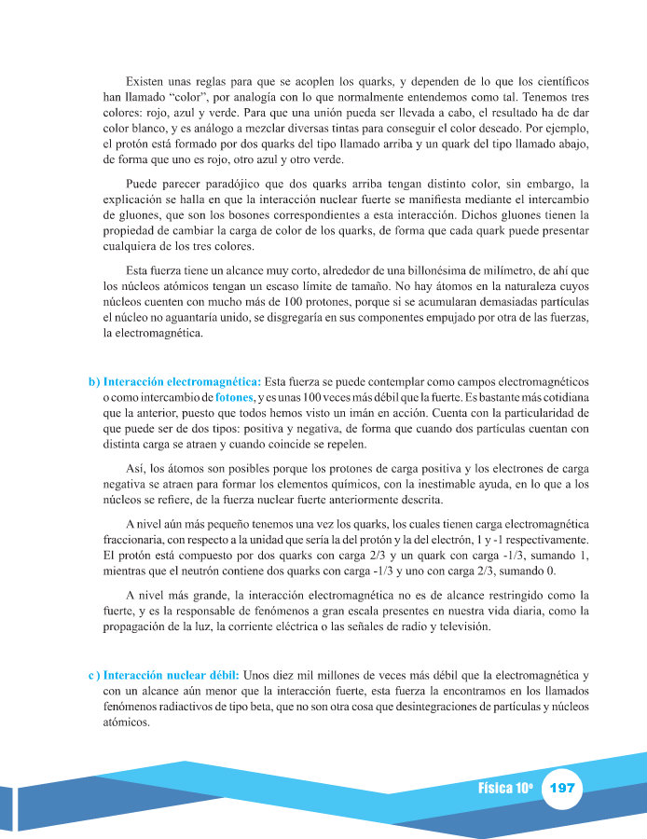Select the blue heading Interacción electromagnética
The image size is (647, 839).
click(182, 382)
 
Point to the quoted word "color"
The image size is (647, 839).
click(196, 96)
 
